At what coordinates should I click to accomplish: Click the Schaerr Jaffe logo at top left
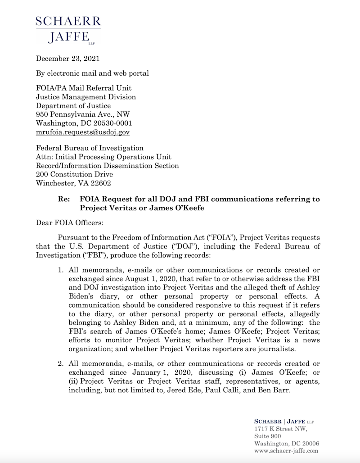pyautogui.click(x=68, y=30)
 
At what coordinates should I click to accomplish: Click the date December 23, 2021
pyautogui.click(x=68, y=59)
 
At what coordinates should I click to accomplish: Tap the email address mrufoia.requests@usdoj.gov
pyautogui.click(x=83, y=132)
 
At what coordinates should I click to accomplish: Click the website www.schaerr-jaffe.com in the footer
pyautogui.click(x=286, y=450)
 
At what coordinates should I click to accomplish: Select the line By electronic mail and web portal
pyautogui.click(x=92, y=73)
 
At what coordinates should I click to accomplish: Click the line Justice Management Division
pyautogui.click(x=85, y=97)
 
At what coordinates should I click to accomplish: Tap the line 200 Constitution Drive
pyautogui.click(x=74, y=174)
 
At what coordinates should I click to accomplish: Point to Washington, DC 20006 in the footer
pyautogui.click(x=287, y=443)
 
